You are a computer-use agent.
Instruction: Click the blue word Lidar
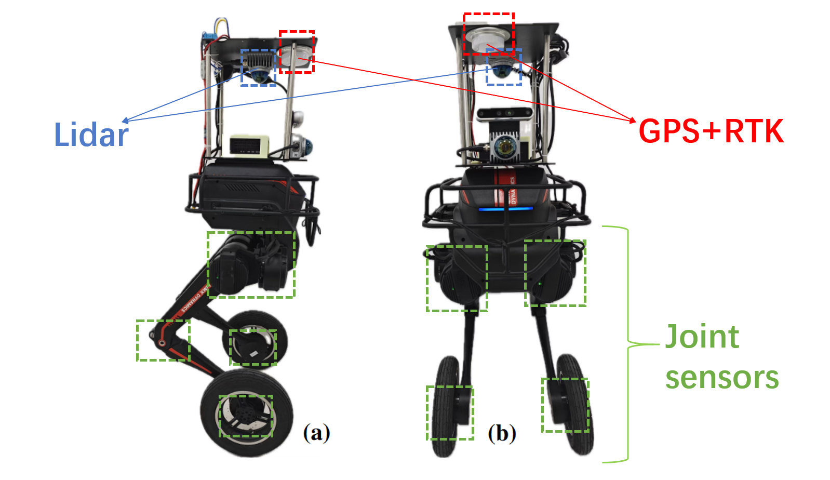[x=91, y=135]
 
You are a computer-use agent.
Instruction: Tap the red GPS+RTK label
[x=711, y=131]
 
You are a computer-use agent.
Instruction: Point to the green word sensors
[x=722, y=378]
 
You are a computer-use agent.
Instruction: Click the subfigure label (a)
[x=316, y=432]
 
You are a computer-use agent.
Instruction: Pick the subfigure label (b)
[x=502, y=433]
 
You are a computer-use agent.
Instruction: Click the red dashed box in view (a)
[x=297, y=51]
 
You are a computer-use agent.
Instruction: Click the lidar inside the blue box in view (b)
[x=503, y=69]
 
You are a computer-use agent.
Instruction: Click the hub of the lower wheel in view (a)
[x=246, y=416]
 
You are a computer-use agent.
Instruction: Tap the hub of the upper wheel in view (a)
[x=253, y=346]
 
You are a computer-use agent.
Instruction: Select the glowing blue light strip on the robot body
[x=505, y=209]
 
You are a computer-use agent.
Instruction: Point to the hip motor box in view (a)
[x=251, y=264]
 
